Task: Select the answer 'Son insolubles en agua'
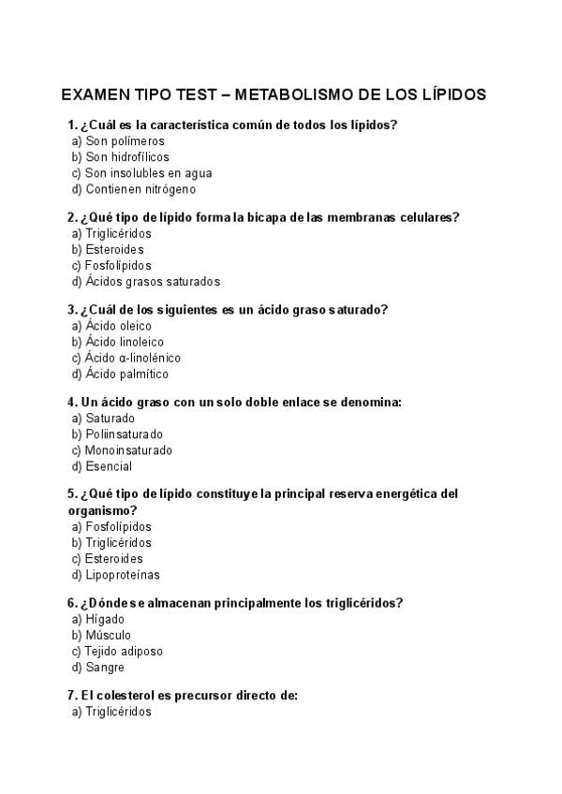point(148,173)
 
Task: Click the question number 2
point(72,218)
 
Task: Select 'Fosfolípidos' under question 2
point(118,266)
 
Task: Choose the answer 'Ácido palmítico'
point(126,375)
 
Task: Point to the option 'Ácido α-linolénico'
point(133,359)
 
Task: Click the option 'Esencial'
point(109,466)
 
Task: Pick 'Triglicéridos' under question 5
point(118,543)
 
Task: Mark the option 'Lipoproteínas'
point(123,575)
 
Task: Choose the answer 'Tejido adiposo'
point(124,652)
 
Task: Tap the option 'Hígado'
point(105,620)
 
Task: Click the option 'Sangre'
point(105,668)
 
